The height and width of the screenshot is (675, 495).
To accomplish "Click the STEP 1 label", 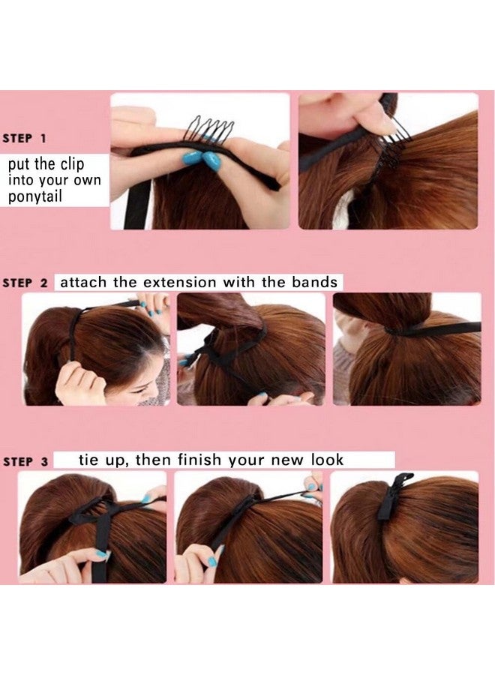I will [x=25, y=139].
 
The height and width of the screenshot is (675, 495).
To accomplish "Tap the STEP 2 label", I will [x=25, y=283].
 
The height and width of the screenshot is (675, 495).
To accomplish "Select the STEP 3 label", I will [x=25, y=462].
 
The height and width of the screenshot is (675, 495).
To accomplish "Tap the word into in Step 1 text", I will [x=22, y=180].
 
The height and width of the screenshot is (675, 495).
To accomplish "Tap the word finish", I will [x=200, y=460].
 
